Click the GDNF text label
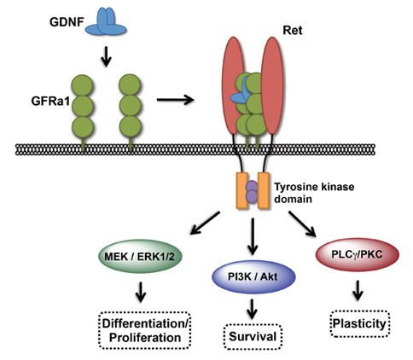coord(67,22)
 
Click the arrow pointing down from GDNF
coord(106,56)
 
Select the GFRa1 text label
coord(50,102)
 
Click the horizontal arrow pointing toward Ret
coord(176,100)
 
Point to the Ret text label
coord(292,30)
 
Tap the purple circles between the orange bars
coord(252,192)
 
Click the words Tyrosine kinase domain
coord(314,193)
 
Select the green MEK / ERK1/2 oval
coord(140,257)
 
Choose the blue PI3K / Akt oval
coord(253,276)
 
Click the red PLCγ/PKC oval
coord(358,254)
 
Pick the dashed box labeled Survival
coord(253,337)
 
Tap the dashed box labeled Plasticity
coord(359,324)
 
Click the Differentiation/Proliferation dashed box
coord(145,330)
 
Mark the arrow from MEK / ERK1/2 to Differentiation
coord(141,292)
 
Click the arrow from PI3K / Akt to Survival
coord(252,309)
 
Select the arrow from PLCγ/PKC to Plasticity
coord(358,290)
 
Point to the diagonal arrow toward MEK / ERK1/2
coord(205,224)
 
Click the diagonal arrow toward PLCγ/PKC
coord(302,224)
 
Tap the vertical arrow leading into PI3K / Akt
coord(253,236)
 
